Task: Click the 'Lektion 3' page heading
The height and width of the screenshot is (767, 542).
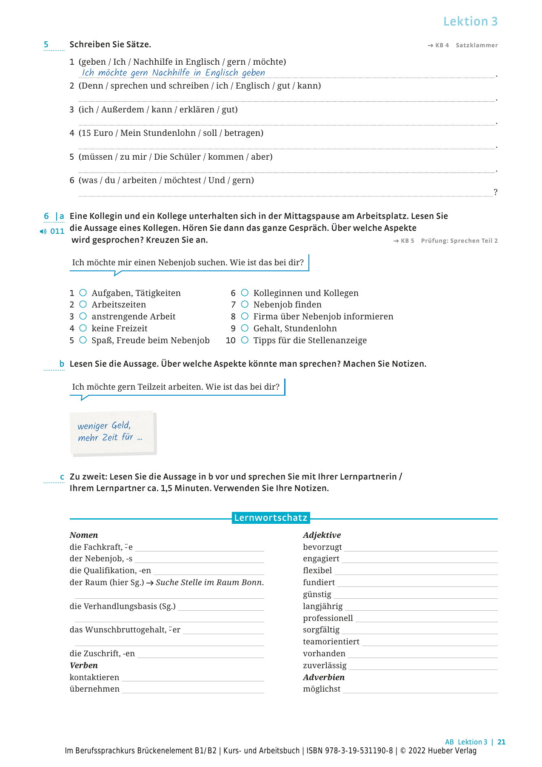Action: [x=470, y=21]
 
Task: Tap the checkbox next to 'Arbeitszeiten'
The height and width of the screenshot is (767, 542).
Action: [x=83, y=304]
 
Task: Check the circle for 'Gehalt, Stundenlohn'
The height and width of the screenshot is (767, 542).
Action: [x=245, y=328]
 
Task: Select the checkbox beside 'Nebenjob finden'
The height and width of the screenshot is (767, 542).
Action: [x=245, y=304]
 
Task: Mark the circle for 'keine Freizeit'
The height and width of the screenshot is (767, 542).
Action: [x=83, y=328]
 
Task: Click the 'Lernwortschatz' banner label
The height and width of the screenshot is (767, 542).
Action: [x=271, y=517]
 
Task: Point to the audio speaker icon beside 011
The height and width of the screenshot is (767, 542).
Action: [x=43, y=231]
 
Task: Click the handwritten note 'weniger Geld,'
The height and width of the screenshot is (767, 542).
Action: [x=104, y=425]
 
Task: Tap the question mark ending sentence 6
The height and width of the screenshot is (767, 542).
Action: [x=495, y=192]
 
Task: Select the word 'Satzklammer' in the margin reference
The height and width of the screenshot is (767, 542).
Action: [x=476, y=45]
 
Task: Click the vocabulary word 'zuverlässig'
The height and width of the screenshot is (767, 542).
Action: [x=325, y=665]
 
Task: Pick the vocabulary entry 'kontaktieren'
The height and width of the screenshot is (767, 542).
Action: [x=94, y=677]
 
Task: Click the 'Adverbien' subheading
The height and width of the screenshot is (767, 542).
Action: [x=324, y=677]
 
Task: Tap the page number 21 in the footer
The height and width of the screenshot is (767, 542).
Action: [x=502, y=742]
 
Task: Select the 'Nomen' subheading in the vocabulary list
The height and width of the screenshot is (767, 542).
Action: [x=84, y=535]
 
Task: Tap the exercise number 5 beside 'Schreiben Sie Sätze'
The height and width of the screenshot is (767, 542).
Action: [x=46, y=44]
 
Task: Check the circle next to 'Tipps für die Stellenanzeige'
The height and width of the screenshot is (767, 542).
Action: [x=245, y=340]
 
